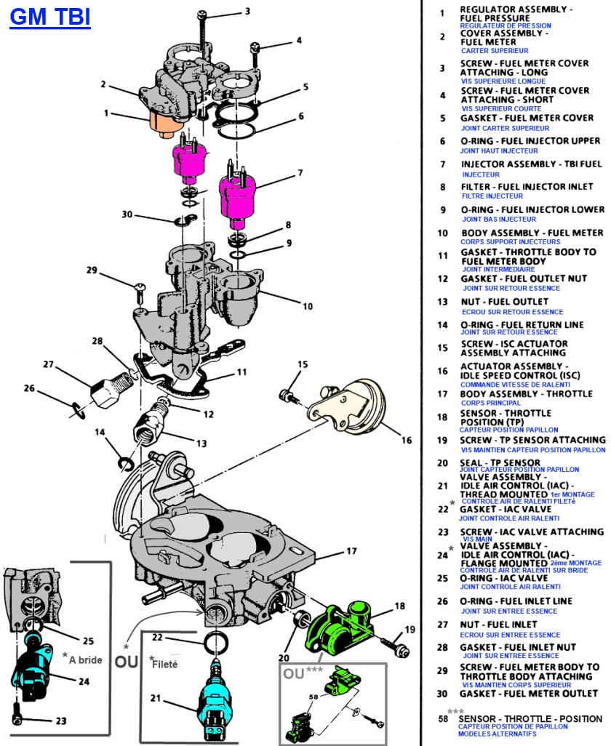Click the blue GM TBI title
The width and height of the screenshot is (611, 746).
click(x=49, y=17)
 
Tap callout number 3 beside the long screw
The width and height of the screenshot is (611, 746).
click(x=247, y=11)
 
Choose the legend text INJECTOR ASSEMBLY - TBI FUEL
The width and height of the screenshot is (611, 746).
click(x=532, y=164)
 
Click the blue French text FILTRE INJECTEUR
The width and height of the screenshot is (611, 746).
click(x=492, y=196)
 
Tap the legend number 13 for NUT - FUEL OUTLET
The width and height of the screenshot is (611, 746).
click(x=442, y=302)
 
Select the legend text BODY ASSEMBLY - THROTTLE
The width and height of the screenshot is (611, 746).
click(x=527, y=394)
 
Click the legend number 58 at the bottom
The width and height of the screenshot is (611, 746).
click(x=442, y=719)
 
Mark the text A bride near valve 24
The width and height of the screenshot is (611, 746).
click(x=84, y=659)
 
